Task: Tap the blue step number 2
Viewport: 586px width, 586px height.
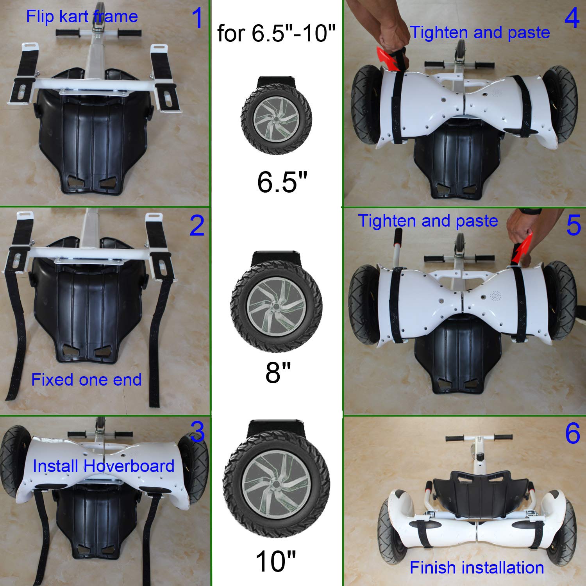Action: pyautogui.click(x=197, y=226)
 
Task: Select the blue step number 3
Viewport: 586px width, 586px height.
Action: pyautogui.click(x=198, y=432)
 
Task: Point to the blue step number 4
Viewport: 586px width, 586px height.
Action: pyautogui.click(x=572, y=18)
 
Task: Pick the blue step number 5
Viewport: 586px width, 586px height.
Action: pyautogui.click(x=573, y=225)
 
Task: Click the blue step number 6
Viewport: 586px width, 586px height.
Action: pyautogui.click(x=572, y=433)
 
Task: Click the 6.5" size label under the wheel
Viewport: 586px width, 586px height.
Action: pyautogui.click(x=282, y=182)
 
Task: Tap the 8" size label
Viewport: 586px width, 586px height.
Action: pyautogui.click(x=278, y=372)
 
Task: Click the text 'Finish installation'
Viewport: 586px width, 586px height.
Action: pyautogui.click(x=477, y=568)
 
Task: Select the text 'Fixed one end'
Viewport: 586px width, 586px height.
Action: pyautogui.click(x=86, y=380)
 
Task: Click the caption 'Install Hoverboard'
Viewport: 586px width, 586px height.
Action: pyautogui.click(x=103, y=466)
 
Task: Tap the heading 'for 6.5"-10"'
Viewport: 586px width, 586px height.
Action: pyautogui.click(x=276, y=33)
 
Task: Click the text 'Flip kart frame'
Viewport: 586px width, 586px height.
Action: pyautogui.click(x=82, y=17)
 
